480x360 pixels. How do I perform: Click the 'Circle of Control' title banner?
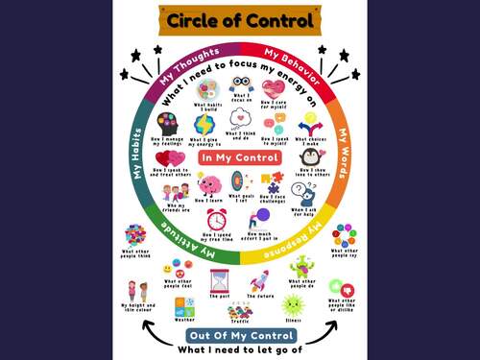click(239, 21)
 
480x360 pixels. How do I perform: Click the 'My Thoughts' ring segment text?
click(187, 65)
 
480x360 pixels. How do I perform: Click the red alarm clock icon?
click(217, 219)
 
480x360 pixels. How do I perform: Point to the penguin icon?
click(309, 157)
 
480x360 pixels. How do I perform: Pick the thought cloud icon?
click(240, 119)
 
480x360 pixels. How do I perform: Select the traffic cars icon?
click(240, 311)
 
